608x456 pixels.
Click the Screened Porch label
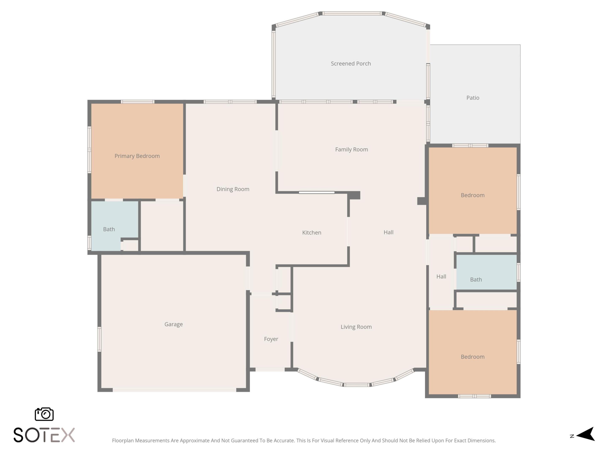351,64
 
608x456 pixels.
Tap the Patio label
473,98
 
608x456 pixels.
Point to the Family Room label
351,149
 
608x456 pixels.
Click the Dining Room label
233,189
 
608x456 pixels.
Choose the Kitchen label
311,232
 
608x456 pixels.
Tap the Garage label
174,324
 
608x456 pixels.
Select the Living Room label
356,327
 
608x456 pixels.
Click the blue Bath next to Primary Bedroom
109,229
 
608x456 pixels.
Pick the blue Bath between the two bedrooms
476,280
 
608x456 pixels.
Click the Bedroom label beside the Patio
472,195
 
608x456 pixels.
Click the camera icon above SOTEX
44,414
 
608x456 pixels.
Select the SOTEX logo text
44,435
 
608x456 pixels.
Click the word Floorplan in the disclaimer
123,441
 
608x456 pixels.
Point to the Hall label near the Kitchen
388,232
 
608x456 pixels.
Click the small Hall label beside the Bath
441,277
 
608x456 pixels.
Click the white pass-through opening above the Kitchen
316,192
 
